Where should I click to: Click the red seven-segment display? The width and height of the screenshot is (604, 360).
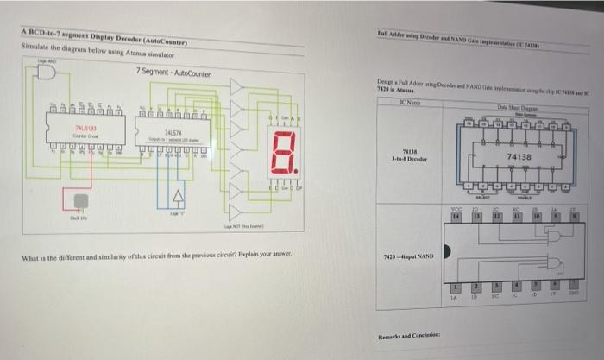point(286,152)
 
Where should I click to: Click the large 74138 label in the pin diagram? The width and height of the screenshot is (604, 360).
point(519,157)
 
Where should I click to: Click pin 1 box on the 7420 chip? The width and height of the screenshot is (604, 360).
point(458,287)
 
